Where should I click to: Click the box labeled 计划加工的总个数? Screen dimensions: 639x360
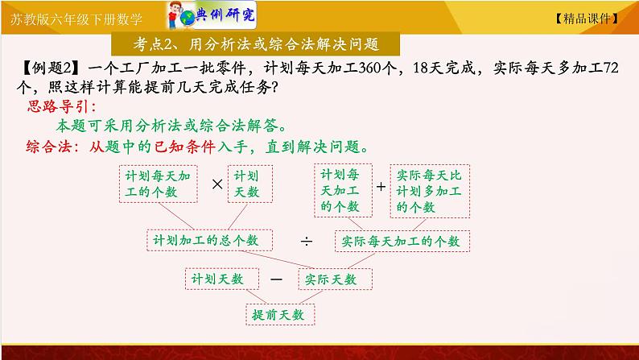(209, 240)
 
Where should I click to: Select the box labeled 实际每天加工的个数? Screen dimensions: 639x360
(402, 242)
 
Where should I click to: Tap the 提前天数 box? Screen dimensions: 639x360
(280, 315)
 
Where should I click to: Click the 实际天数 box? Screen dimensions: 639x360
(335, 279)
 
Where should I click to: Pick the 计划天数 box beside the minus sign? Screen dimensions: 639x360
(221, 279)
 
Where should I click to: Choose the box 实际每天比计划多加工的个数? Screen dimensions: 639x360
(430, 191)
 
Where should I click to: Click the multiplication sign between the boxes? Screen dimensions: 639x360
(217, 184)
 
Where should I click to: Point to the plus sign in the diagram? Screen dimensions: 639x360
(381, 187)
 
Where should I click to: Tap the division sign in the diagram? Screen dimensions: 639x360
(307, 242)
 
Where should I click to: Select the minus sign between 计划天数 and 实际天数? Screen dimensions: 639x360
(276, 279)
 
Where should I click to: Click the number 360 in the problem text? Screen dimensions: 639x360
(371, 68)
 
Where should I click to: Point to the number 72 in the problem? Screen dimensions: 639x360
(611, 68)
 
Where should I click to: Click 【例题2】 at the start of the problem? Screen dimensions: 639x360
(51, 68)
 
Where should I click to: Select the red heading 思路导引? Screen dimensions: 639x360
(61, 107)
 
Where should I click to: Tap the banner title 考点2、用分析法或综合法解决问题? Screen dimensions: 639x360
(256, 44)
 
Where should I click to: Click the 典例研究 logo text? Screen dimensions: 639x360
(225, 15)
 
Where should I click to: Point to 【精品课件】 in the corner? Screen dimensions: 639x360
(587, 19)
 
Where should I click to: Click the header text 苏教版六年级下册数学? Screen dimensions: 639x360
(76, 19)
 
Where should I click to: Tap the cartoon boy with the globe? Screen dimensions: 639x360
(180, 15)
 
